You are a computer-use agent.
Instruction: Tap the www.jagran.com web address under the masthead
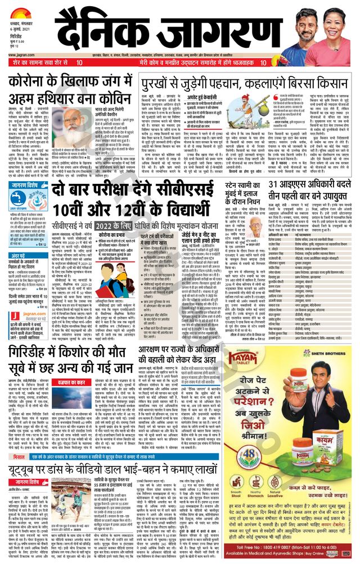pos(21,56)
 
